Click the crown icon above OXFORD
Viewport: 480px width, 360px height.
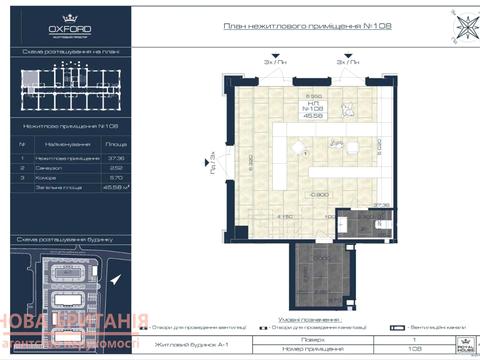click(69, 17)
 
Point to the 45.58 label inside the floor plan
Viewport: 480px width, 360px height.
click(314, 117)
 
